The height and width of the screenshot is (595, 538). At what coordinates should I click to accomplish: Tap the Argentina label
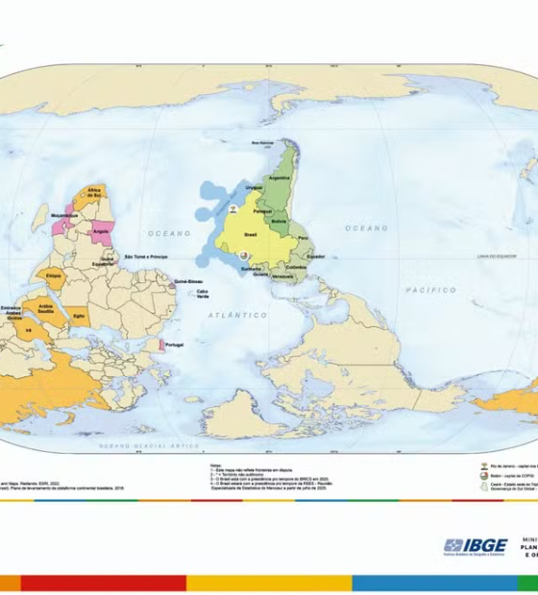(280, 178)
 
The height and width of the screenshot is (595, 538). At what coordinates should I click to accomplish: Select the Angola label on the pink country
(99, 230)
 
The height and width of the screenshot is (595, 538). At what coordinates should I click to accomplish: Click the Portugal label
(174, 345)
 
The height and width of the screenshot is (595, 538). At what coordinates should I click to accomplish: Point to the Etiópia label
(53, 274)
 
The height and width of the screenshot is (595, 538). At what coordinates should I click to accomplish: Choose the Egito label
(80, 315)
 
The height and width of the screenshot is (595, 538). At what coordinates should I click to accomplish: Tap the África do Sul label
(93, 193)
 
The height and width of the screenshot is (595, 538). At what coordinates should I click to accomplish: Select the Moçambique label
(63, 216)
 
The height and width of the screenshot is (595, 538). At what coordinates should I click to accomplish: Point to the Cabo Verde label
(203, 293)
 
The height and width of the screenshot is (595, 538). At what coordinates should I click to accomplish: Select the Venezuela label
(282, 276)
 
